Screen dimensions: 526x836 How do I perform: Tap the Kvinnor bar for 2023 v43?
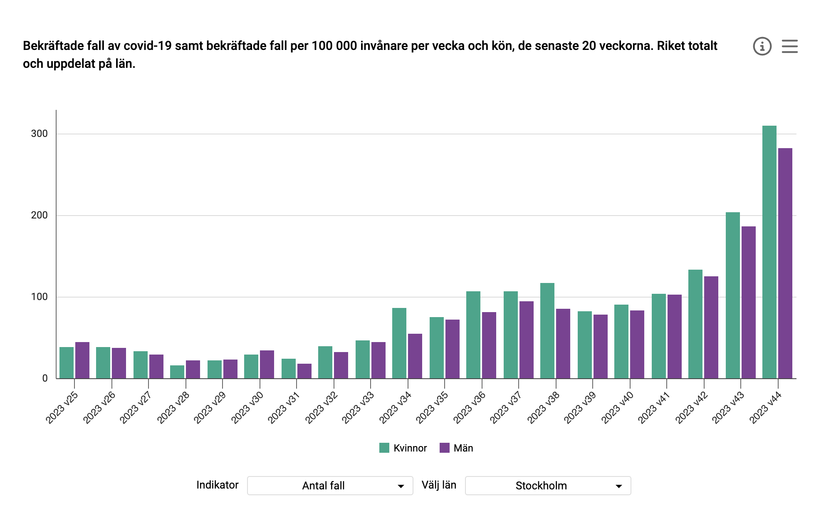coord(732,295)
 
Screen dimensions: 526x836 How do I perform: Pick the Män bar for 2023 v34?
coord(415,356)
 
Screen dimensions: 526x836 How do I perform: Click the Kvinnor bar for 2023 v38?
coord(547,330)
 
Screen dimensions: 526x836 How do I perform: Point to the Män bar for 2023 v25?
coord(82,360)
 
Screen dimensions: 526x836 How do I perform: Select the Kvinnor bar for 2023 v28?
coord(177,372)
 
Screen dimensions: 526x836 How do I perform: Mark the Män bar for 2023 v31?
coord(304,371)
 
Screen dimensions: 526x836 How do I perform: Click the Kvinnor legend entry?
coord(403,448)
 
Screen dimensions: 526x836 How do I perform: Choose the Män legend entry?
coord(456,448)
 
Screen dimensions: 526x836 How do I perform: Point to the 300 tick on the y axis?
coord(40,134)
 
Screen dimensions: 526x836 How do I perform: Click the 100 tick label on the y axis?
coord(40,297)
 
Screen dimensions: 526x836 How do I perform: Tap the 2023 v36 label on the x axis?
coord(469,407)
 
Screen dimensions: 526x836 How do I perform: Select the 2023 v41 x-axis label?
coord(654,407)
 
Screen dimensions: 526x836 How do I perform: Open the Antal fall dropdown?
coord(330,486)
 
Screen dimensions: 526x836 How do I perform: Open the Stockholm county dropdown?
coord(548,486)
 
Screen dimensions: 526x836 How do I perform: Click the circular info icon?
coord(762,46)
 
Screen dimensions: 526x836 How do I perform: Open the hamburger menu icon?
coord(789,46)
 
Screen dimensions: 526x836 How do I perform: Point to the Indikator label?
coord(217,485)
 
